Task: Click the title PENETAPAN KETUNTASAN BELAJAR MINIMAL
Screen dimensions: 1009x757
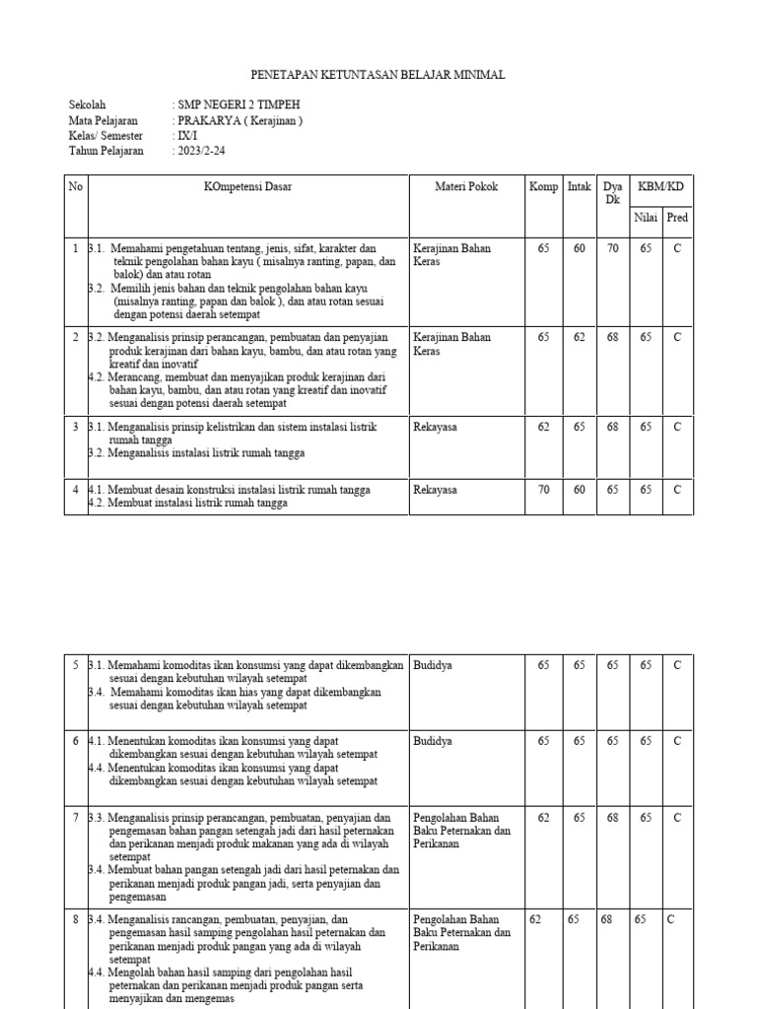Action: (x=378, y=76)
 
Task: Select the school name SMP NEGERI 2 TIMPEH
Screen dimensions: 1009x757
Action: (x=237, y=105)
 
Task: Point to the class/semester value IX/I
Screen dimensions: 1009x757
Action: (x=187, y=136)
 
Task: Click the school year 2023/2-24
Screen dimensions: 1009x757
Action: (x=207, y=151)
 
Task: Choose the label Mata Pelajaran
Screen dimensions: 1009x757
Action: (x=103, y=120)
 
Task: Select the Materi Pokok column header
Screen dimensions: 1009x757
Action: (x=466, y=186)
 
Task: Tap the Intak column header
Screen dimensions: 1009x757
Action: (x=579, y=186)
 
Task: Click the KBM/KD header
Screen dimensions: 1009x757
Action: (x=660, y=186)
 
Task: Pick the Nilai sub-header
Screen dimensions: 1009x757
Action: (x=646, y=218)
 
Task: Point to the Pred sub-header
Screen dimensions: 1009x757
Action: (x=677, y=218)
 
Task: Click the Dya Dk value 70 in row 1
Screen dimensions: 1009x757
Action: (x=612, y=249)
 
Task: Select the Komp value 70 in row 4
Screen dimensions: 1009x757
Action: (x=543, y=489)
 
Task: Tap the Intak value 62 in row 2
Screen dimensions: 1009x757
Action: (x=579, y=337)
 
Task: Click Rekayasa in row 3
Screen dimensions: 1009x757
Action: (x=436, y=427)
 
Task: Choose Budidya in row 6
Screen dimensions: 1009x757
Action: (x=433, y=741)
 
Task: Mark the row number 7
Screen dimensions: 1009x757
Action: (x=75, y=817)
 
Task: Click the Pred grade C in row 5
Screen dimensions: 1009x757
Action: (x=677, y=665)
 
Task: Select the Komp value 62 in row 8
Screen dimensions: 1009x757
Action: (x=536, y=919)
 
